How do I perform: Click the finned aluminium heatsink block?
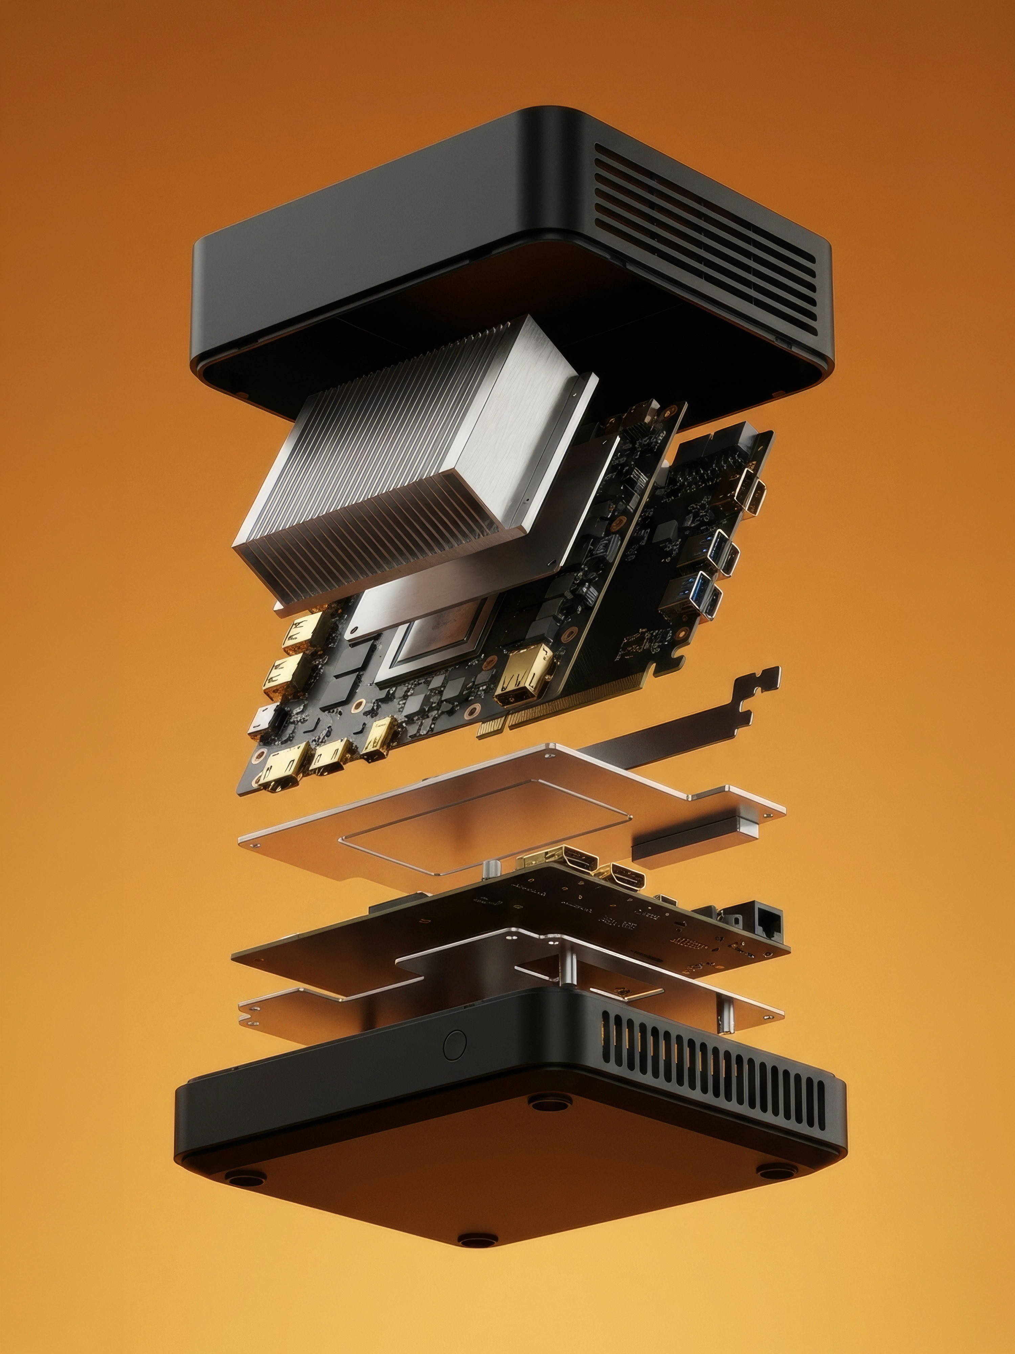point(404,465)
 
